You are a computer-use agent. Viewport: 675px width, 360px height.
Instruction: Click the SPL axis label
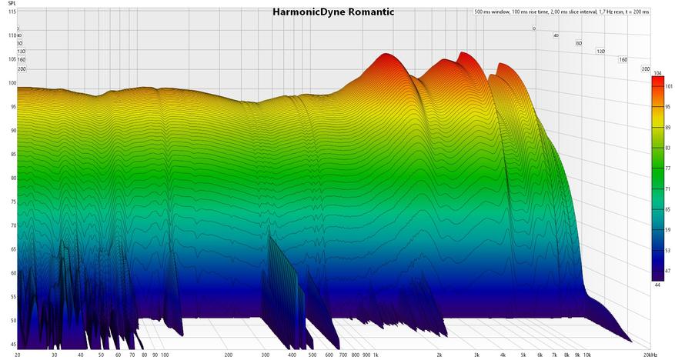(x=12, y=5)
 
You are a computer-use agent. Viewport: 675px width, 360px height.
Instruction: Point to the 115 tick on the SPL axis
(x=12, y=12)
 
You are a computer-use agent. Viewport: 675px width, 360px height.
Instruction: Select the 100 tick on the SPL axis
(x=12, y=83)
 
